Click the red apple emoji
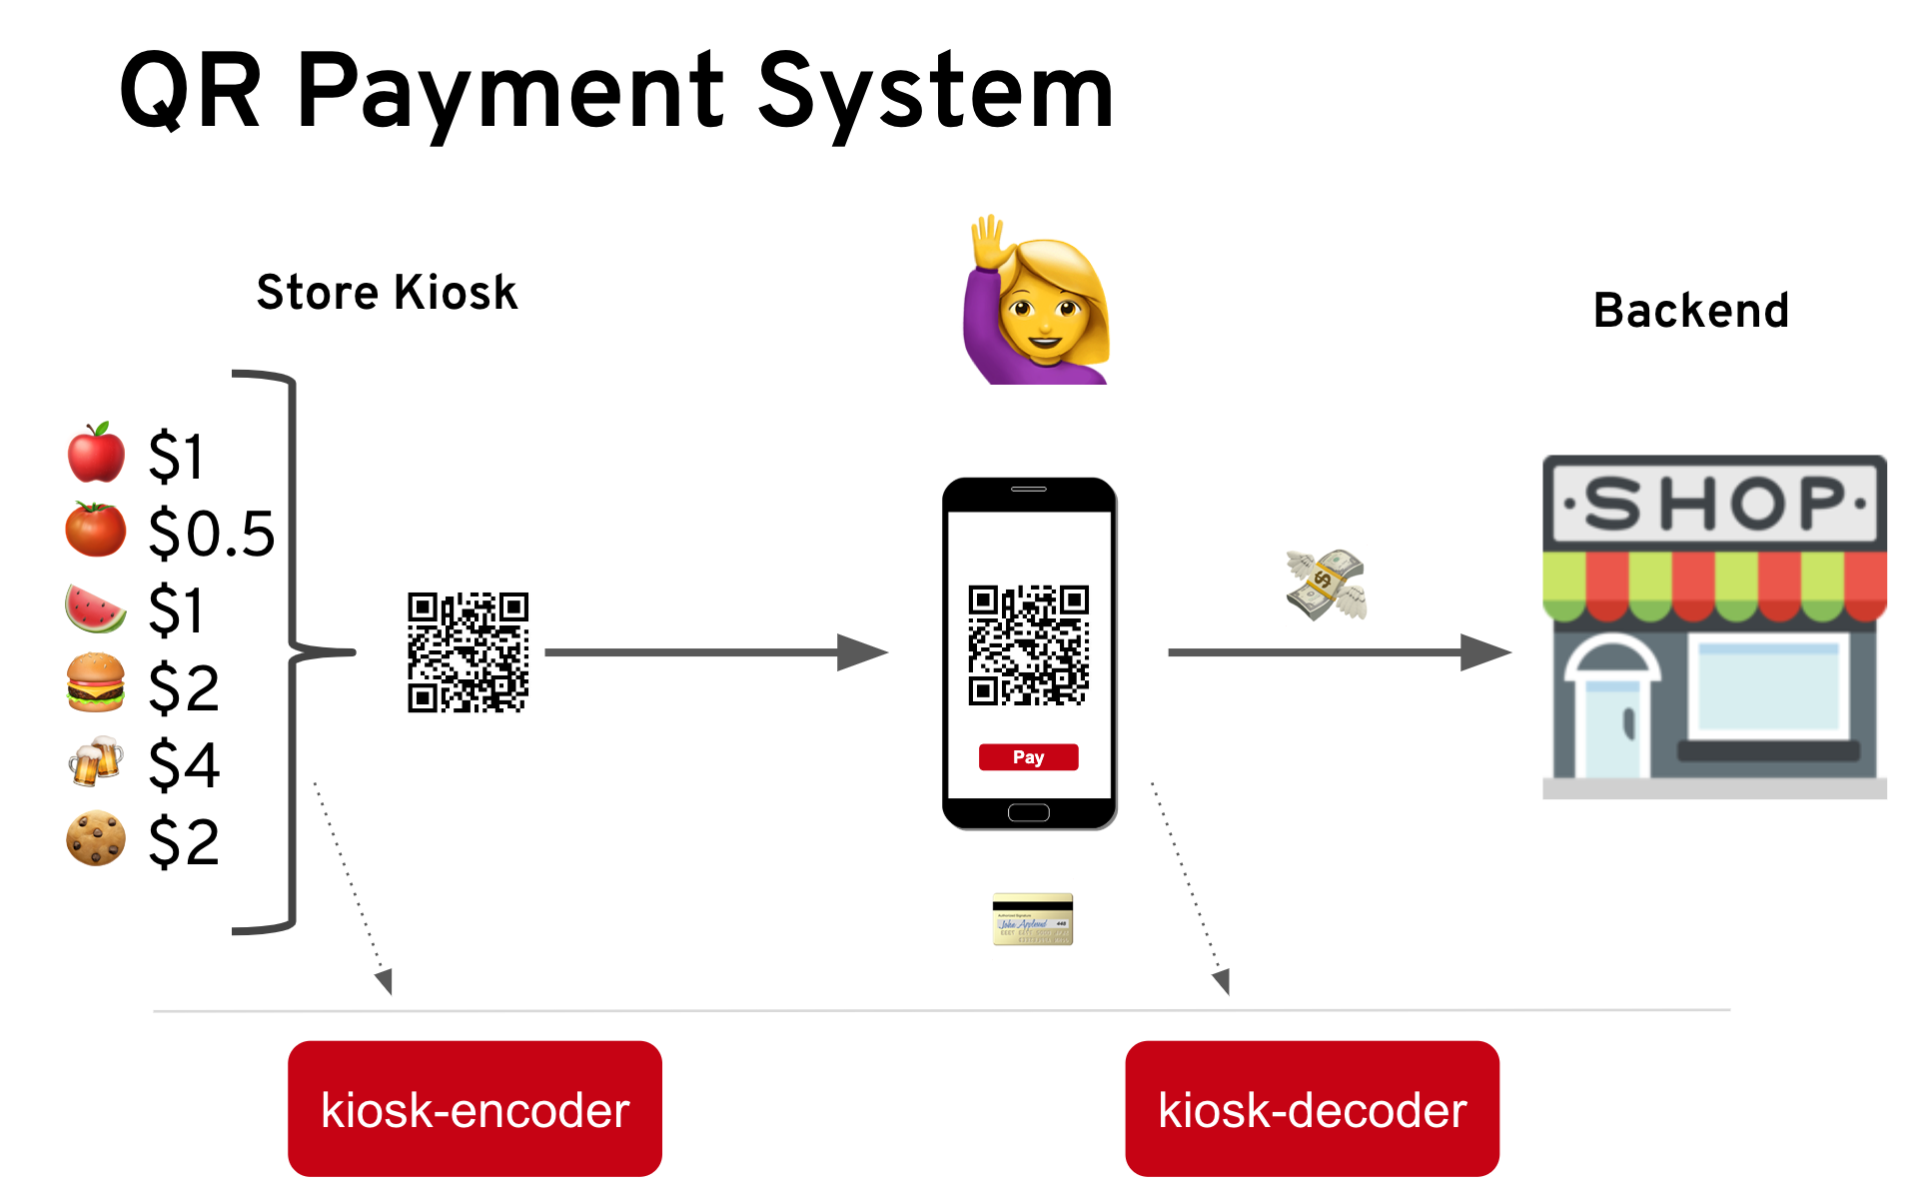tap(96, 453)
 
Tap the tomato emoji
tap(96, 530)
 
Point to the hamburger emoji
tap(96, 683)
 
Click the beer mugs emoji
tap(96, 762)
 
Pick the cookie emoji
tap(96, 838)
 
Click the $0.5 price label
tap(211, 533)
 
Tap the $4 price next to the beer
tap(184, 765)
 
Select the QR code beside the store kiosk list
tap(468, 652)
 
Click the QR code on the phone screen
tap(1028, 645)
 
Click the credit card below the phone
tap(1032, 919)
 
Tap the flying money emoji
tap(1326, 585)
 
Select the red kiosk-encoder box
tap(475, 1109)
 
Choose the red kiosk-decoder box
tap(1312, 1109)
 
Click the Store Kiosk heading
tap(387, 293)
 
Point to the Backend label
tap(1690, 311)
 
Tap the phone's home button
tap(1028, 812)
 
